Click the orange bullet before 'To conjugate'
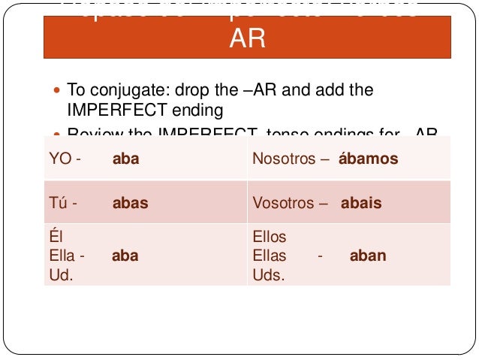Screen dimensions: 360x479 click(59, 90)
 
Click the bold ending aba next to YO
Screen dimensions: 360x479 click(126, 159)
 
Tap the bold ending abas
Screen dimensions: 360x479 click(130, 202)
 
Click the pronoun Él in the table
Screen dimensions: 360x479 click(54, 237)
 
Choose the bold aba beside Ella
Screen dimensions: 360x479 click(125, 256)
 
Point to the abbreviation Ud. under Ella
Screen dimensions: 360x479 click(60, 274)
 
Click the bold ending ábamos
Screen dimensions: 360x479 click(368, 159)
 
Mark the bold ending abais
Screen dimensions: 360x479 click(361, 202)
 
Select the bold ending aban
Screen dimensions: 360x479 click(367, 256)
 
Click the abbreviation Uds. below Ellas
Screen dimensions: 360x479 click(269, 274)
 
